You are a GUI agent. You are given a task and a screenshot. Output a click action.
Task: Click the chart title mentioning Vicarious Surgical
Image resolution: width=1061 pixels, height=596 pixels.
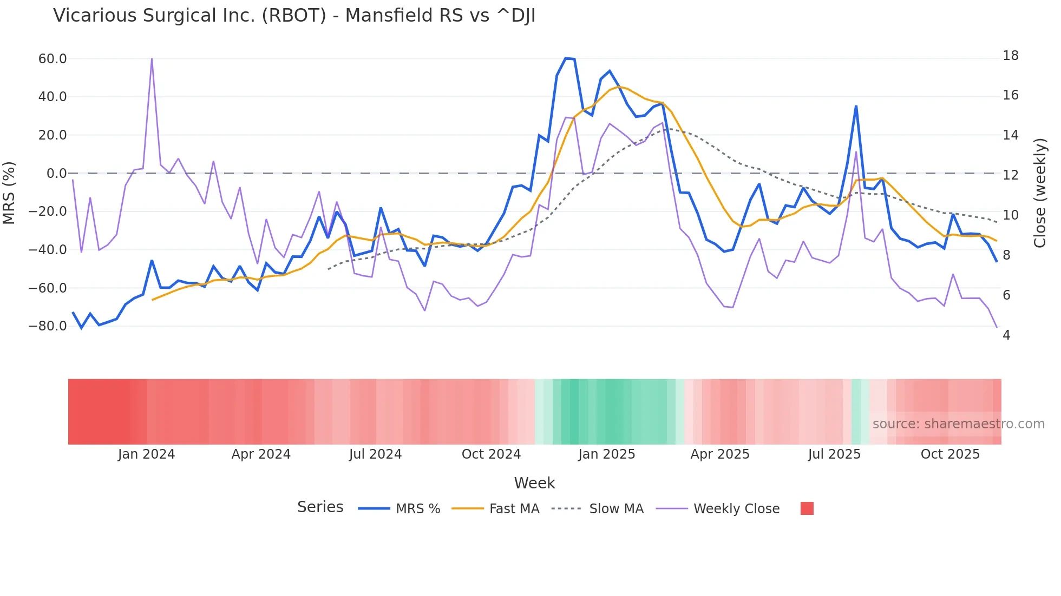tap(294, 16)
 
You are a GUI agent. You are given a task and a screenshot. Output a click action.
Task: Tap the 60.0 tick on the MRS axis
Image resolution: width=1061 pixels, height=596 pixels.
tap(53, 58)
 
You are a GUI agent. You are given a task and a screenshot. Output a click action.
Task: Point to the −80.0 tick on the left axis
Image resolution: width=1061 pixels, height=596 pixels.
tap(48, 326)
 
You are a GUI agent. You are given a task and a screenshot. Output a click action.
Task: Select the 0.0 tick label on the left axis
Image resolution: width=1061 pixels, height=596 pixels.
tap(56, 174)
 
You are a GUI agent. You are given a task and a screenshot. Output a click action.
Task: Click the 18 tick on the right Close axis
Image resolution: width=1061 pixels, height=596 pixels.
tap(1010, 56)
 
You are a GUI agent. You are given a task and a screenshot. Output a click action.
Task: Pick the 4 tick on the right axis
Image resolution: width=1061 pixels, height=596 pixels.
tap(1006, 335)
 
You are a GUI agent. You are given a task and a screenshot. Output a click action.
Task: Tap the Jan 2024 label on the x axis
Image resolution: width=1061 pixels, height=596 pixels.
tap(146, 454)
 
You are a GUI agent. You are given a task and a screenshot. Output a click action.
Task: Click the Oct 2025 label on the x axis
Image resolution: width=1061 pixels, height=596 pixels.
tap(950, 454)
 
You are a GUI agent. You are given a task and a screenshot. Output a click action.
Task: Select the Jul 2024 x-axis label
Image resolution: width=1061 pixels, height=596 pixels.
tap(375, 454)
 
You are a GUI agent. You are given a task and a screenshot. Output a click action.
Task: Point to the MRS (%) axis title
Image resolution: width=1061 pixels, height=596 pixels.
tap(9, 193)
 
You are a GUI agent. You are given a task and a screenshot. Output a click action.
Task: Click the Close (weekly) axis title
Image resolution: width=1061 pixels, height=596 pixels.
tap(1039, 193)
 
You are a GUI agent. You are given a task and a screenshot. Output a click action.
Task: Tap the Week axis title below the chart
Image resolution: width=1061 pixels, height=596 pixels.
tap(534, 483)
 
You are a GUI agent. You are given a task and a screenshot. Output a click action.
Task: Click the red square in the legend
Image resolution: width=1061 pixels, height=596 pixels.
tap(807, 508)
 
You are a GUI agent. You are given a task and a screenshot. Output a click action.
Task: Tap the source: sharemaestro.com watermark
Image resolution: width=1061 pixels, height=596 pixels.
tap(958, 424)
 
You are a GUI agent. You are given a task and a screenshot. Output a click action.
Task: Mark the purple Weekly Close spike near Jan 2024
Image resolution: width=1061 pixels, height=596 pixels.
tap(152, 58)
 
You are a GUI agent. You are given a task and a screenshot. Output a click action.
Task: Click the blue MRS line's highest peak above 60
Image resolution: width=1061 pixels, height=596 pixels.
tap(566, 58)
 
